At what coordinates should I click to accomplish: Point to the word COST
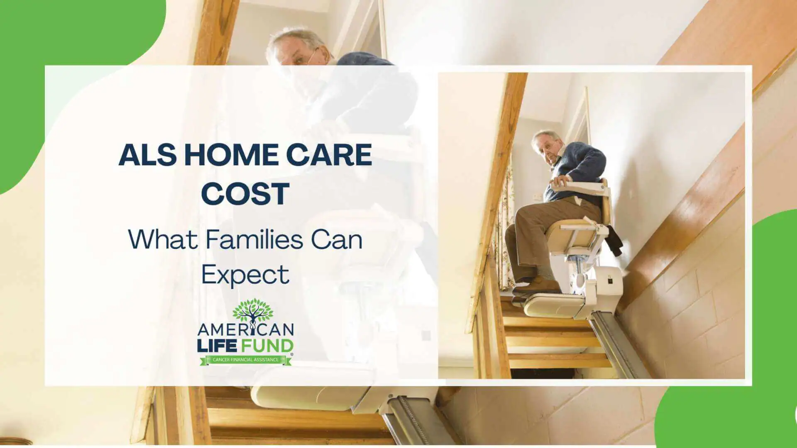(x=245, y=193)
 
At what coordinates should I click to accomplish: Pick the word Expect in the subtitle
(x=245, y=275)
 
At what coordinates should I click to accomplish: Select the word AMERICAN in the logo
(x=245, y=330)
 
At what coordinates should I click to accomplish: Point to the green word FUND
(x=266, y=346)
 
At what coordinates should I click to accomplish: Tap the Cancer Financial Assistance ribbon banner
(x=245, y=360)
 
